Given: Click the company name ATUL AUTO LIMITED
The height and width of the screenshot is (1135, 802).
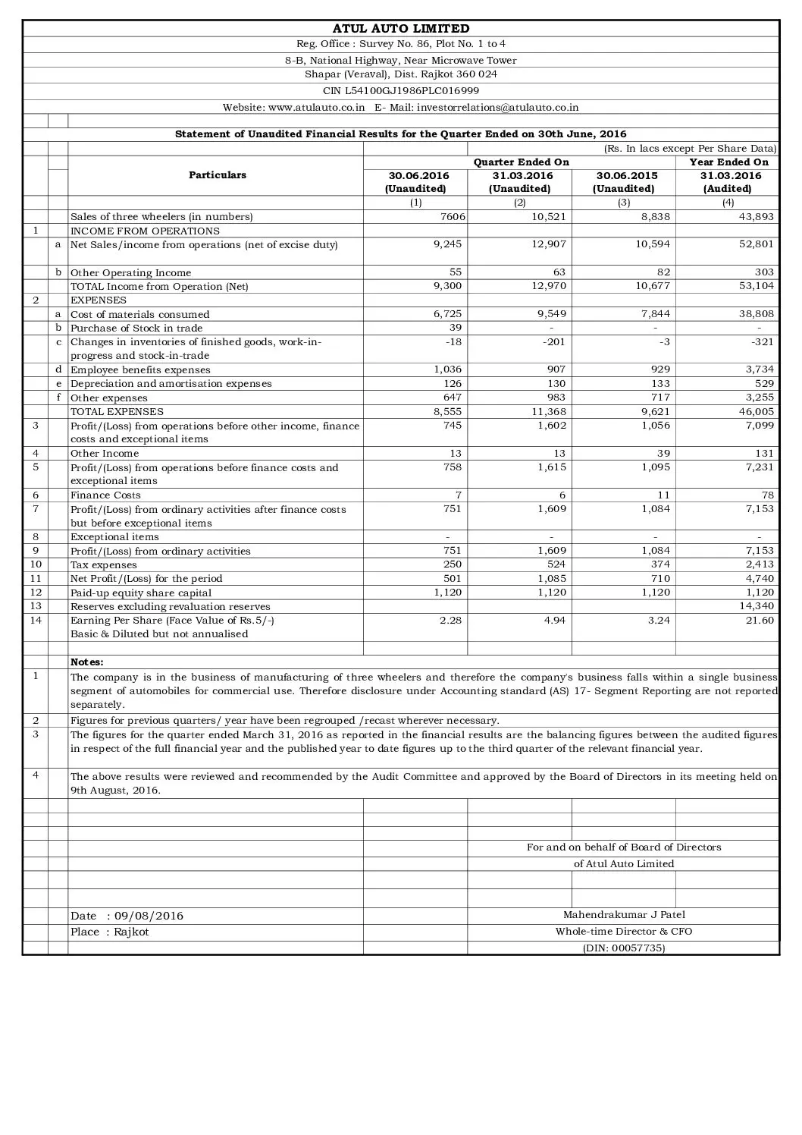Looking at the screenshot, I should [x=401, y=29].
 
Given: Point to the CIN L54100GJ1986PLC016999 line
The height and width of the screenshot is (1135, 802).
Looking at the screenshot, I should [x=401, y=90].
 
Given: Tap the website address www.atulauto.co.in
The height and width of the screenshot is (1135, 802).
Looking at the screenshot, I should [x=317, y=108].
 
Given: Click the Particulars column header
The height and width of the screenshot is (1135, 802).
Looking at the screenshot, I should [x=217, y=175].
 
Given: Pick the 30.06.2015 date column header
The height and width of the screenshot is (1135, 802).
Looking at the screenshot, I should [x=624, y=176].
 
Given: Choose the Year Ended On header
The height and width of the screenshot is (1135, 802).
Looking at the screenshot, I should [x=728, y=162].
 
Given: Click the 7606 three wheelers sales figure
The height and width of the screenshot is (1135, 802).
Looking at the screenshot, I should [x=452, y=217].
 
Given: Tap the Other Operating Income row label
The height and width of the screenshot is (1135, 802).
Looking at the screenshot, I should [x=131, y=273].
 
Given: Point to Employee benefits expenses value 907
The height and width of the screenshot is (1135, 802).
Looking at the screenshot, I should [x=557, y=370].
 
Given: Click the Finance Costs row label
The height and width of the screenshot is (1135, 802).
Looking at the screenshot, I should [x=106, y=495].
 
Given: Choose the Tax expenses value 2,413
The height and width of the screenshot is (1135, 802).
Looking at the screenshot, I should [x=759, y=565].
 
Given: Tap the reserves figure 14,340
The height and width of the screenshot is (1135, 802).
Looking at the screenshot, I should [x=757, y=606].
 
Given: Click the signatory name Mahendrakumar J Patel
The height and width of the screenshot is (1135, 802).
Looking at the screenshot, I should [x=624, y=915].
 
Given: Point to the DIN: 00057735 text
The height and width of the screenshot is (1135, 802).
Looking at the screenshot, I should [x=624, y=948].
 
